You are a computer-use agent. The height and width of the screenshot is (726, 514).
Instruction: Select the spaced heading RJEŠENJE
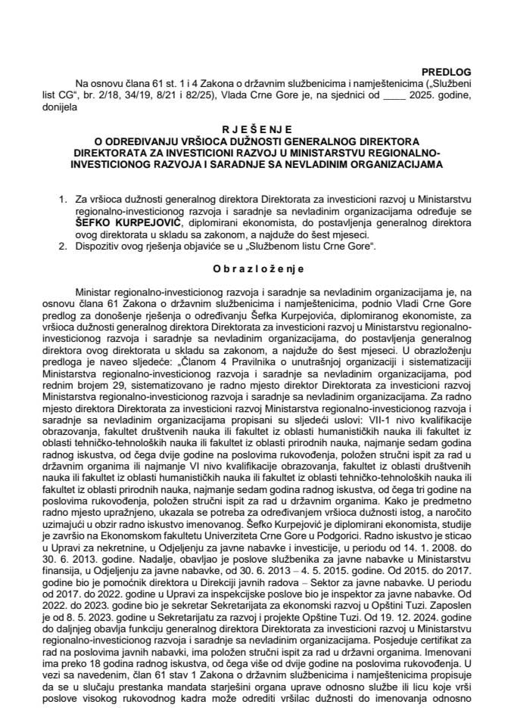(257, 130)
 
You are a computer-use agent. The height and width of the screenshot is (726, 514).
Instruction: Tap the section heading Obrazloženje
(257, 268)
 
